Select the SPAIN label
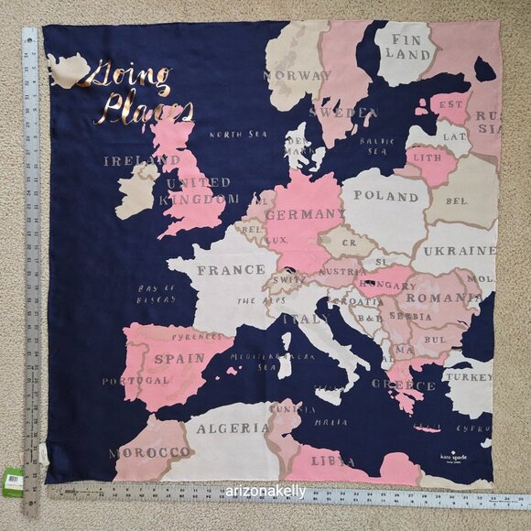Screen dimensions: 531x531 click(179, 359)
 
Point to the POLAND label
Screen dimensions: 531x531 click(385, 196)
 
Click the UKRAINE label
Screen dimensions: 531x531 click(459, 251)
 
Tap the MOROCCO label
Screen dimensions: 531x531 click(149, 452)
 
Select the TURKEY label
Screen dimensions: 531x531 click(468, 377)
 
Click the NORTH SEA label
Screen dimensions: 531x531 click(237, 134)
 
